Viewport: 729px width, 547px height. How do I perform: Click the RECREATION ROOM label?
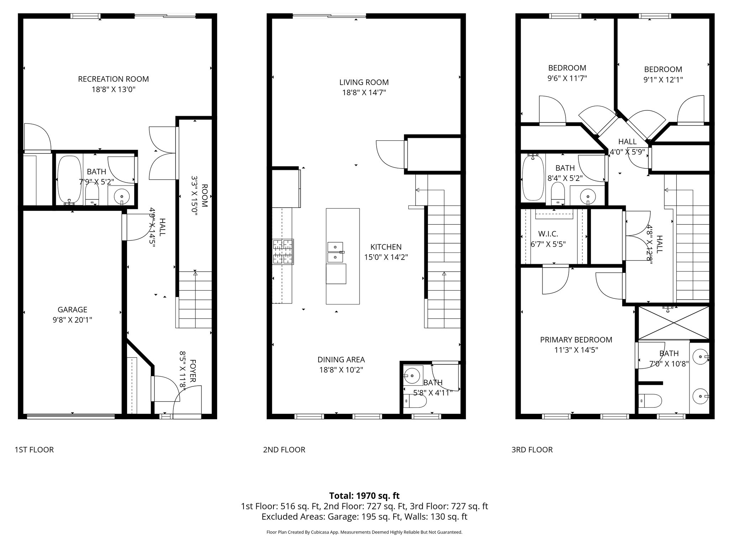[113, 79]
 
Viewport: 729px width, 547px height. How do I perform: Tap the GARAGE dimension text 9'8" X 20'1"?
[72, 320]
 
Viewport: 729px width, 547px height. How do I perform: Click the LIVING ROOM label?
[364, 82]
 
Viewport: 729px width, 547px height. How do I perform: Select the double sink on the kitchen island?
[335, 252]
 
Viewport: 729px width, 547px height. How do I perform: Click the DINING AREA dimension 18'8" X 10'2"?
[341, 370]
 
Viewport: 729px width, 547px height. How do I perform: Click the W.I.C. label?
[548, 234]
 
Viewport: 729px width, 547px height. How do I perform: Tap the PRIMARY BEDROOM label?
[576, 340]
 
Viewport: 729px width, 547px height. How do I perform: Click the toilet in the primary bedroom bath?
[650, 401]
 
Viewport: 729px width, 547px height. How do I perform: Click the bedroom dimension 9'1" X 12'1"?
[663, 80]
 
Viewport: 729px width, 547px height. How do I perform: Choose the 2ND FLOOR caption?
[284, 450]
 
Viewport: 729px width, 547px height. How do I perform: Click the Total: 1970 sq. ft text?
[364, 496]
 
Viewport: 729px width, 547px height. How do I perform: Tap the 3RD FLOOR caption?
[532, 450]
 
